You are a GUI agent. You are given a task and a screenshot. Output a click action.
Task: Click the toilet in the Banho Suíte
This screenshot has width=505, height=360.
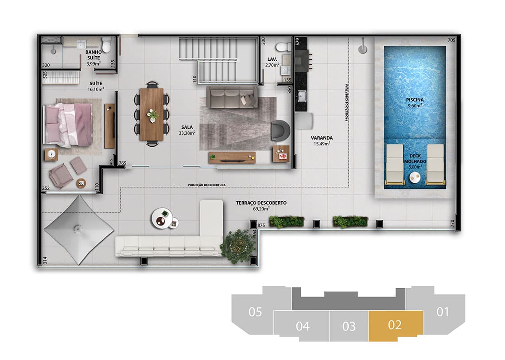point(106,45)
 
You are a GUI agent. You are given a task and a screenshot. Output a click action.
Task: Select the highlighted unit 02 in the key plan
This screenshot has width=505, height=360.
point(395,325)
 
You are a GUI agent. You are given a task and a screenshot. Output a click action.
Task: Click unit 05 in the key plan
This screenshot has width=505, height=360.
point(255,312)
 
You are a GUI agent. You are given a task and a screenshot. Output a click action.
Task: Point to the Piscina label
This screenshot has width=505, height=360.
point(414,100)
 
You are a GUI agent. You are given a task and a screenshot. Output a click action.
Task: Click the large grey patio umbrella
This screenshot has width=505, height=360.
point(78,229)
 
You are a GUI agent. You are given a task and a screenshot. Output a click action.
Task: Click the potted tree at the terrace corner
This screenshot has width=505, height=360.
point(238,245)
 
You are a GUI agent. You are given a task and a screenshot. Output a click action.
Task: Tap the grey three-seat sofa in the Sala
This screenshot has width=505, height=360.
point(232,97)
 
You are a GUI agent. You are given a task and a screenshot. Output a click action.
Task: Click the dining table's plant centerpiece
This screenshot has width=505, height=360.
point(153,115)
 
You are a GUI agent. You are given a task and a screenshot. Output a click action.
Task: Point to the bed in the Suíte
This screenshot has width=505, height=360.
point(68,125)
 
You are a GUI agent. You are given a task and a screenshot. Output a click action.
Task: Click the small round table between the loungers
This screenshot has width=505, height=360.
point(415,178)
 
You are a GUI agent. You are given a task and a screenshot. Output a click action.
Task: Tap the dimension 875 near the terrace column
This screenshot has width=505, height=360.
point(261,225)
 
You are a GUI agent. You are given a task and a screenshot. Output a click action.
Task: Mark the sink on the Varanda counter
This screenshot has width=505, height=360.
point(303,96)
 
